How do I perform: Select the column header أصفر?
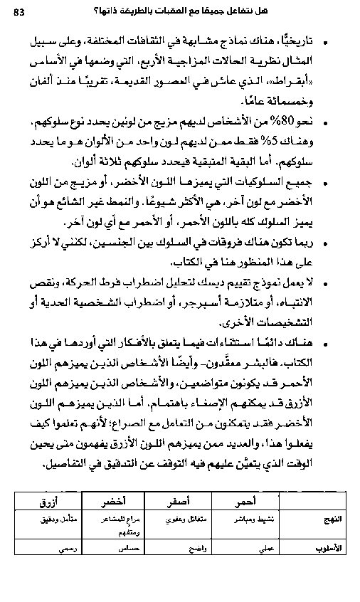169,501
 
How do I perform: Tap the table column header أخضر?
116,501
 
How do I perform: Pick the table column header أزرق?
51,501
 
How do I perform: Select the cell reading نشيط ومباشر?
252,519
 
